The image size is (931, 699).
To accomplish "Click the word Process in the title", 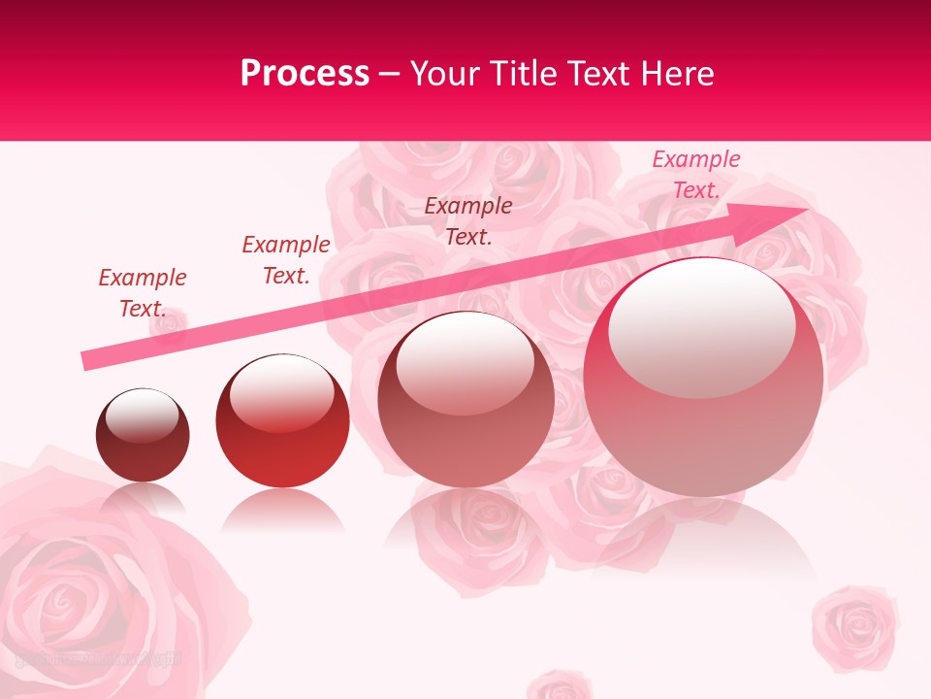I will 305,74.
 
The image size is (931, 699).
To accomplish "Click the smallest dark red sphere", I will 143,435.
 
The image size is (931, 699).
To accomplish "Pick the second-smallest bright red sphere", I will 282,421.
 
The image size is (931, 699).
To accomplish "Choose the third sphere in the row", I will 465,399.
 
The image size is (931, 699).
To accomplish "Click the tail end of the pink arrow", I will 87,360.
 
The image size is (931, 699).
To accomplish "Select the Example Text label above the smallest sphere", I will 143,293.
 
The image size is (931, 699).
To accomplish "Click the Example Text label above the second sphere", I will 286,260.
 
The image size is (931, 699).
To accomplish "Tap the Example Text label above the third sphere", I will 468,220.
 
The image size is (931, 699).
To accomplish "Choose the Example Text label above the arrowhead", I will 696,175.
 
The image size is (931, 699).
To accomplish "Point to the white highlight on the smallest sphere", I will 142,416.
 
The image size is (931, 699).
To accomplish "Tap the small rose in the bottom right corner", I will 854,625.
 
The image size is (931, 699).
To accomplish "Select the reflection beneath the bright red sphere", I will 282,510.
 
